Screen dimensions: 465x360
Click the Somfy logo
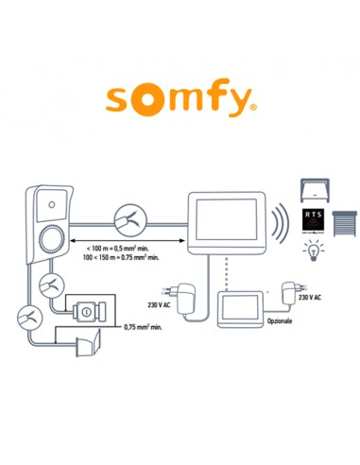(179, 99)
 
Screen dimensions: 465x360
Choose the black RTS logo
(315, 220)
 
